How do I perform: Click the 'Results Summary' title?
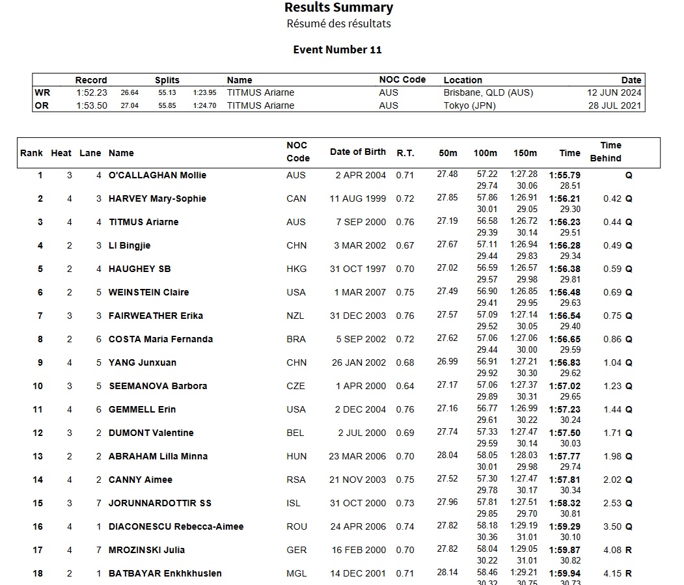[338, 8]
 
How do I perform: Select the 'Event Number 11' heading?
[337, 49]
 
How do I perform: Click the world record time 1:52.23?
[91, 92]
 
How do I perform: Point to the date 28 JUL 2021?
[614, 105]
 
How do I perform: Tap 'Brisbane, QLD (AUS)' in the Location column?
[488, 92]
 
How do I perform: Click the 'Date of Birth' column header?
[357, 152]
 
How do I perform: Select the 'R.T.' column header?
[405, 153]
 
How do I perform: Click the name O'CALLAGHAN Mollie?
[157, 175]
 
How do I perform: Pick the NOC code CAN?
[296, 198]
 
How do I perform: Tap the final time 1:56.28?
[565, 245]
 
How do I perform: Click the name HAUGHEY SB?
[139, 269]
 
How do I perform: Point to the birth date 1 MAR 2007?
[360, 292]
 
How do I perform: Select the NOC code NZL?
[295, 316]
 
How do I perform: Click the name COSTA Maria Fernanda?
[160, 339]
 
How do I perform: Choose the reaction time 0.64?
[405, 386]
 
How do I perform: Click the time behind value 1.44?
[612, 409]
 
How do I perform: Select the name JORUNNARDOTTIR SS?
[159, 503]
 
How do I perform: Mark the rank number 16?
[38, 526]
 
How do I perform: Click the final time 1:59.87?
[565, 550]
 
